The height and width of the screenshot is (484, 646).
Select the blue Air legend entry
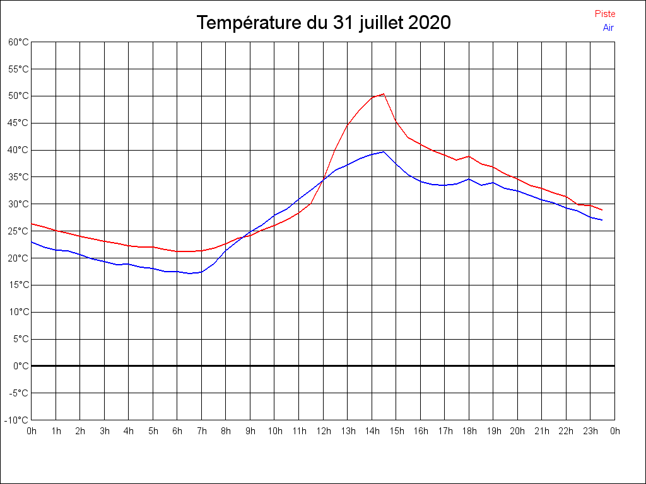pos(608,28)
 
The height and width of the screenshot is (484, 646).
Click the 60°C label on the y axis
pos(18,42)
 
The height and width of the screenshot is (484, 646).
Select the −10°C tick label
pos(17,420)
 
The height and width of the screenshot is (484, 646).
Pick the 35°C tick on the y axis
pos(18,177)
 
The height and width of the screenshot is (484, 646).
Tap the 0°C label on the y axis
pos(21,366)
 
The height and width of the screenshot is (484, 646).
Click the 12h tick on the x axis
pos(323,431)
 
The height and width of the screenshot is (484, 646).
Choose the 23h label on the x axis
pos(590,431)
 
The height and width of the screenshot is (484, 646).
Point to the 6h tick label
pos(177,431)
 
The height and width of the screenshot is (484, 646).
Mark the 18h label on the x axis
pos(469,431)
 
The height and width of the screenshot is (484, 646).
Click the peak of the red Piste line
pos(384,94)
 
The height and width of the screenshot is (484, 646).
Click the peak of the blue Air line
pos(384,151)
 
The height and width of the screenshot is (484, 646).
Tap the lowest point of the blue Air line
pos(190,274)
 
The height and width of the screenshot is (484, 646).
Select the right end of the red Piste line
pos(602,210)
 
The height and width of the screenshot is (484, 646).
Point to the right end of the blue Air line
pos(602,220)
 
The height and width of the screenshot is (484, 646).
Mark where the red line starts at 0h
pos(32,224)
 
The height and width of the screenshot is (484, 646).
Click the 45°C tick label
pos(18,123)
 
